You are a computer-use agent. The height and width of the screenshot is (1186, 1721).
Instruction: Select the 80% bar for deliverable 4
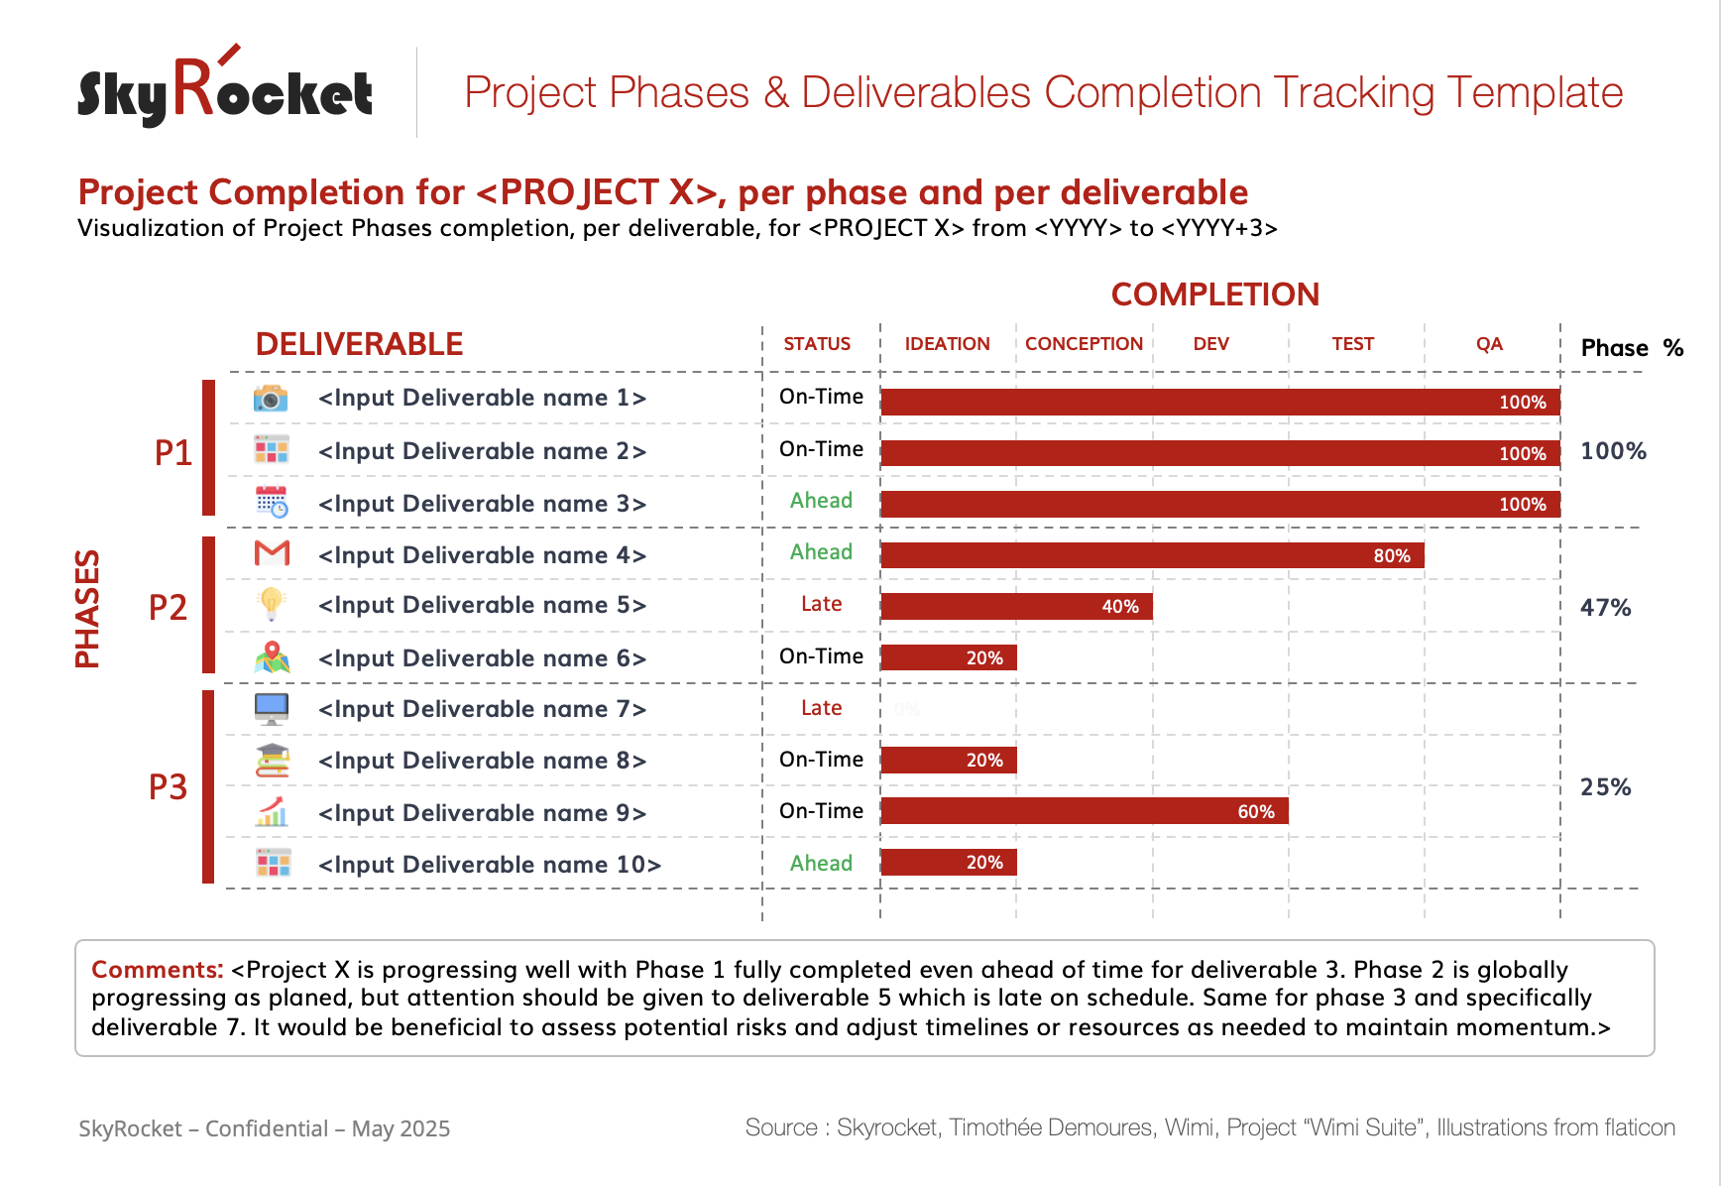pos(1151,555)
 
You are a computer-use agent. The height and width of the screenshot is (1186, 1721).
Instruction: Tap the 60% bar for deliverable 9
pos(1084,811)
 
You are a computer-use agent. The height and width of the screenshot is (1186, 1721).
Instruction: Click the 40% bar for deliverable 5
pos(1016,606)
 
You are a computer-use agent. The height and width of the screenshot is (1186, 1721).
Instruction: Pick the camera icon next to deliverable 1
pos(271,398)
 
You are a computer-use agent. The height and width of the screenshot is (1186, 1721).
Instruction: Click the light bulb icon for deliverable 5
pos(271,603)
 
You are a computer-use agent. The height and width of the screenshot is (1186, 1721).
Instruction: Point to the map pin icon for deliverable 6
pos(272,656)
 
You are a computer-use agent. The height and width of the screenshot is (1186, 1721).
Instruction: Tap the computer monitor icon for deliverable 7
pos(271,708)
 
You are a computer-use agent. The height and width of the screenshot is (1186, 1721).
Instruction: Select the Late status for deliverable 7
pos(821,708)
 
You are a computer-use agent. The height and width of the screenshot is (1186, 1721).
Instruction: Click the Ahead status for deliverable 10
pos(821,864)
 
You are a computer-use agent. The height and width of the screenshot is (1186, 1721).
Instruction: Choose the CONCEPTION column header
pos(1084,344)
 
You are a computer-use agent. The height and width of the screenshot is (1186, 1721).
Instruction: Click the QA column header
pos(1489,344)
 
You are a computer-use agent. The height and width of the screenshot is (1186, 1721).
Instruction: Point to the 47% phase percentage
pos(1605,608)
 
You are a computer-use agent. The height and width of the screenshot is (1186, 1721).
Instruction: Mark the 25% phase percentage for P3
pos(1605,787)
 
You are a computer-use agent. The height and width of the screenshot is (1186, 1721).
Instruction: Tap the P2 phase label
pos(168,607)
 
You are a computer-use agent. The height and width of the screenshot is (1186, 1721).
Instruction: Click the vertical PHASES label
pos(88,608)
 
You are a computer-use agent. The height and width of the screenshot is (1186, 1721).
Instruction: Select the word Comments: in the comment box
pos(157,969)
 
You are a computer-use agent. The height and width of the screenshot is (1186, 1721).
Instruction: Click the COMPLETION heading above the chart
pos(1214,295)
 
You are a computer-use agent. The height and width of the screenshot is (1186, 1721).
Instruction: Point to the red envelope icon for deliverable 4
pos(272,553)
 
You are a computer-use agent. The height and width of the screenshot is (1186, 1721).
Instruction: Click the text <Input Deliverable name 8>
pos(482,761)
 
